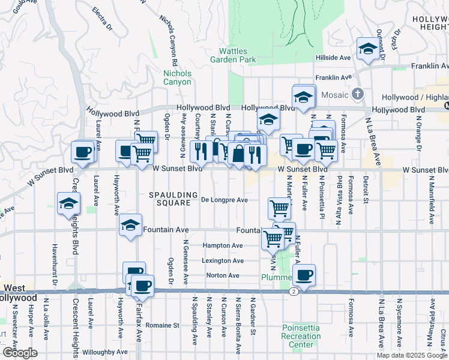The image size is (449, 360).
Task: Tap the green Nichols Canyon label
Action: [x=177, y=77]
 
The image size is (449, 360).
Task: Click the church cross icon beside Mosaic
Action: [x=358, y=94]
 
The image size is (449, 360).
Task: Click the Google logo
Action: [x=19, y=352]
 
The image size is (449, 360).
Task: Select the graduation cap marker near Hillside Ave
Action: [x=367, y=50]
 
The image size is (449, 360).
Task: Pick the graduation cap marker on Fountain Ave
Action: [x=130, y=226]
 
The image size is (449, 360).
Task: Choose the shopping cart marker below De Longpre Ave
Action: [x=279, y=208]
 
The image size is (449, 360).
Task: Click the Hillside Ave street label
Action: [x=333, y=58]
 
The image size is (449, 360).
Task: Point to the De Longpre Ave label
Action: [x=224, y=200]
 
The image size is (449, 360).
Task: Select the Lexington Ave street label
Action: [x=223, y=261]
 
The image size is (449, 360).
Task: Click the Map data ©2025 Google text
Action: [x=412, y=355]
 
